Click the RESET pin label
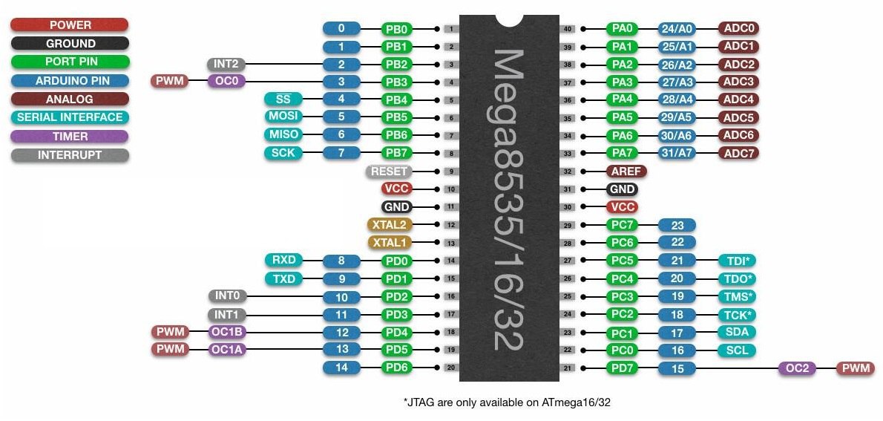point(388,172)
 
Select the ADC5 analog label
point(738,117)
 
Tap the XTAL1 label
point(389,243)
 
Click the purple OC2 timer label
point(797,368)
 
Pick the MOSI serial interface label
point(284,117)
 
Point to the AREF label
point(626,172)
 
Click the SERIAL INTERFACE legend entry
point(70,117)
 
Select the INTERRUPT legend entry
point(70,155)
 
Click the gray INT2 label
point(226,64)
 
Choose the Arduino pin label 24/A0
point(677,29)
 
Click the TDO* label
point(737,278)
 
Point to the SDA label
point(737,332)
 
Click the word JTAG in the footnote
point(421,402)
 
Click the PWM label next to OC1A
point(171,350)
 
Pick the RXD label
point(284,261)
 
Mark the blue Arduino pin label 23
point(677,225)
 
